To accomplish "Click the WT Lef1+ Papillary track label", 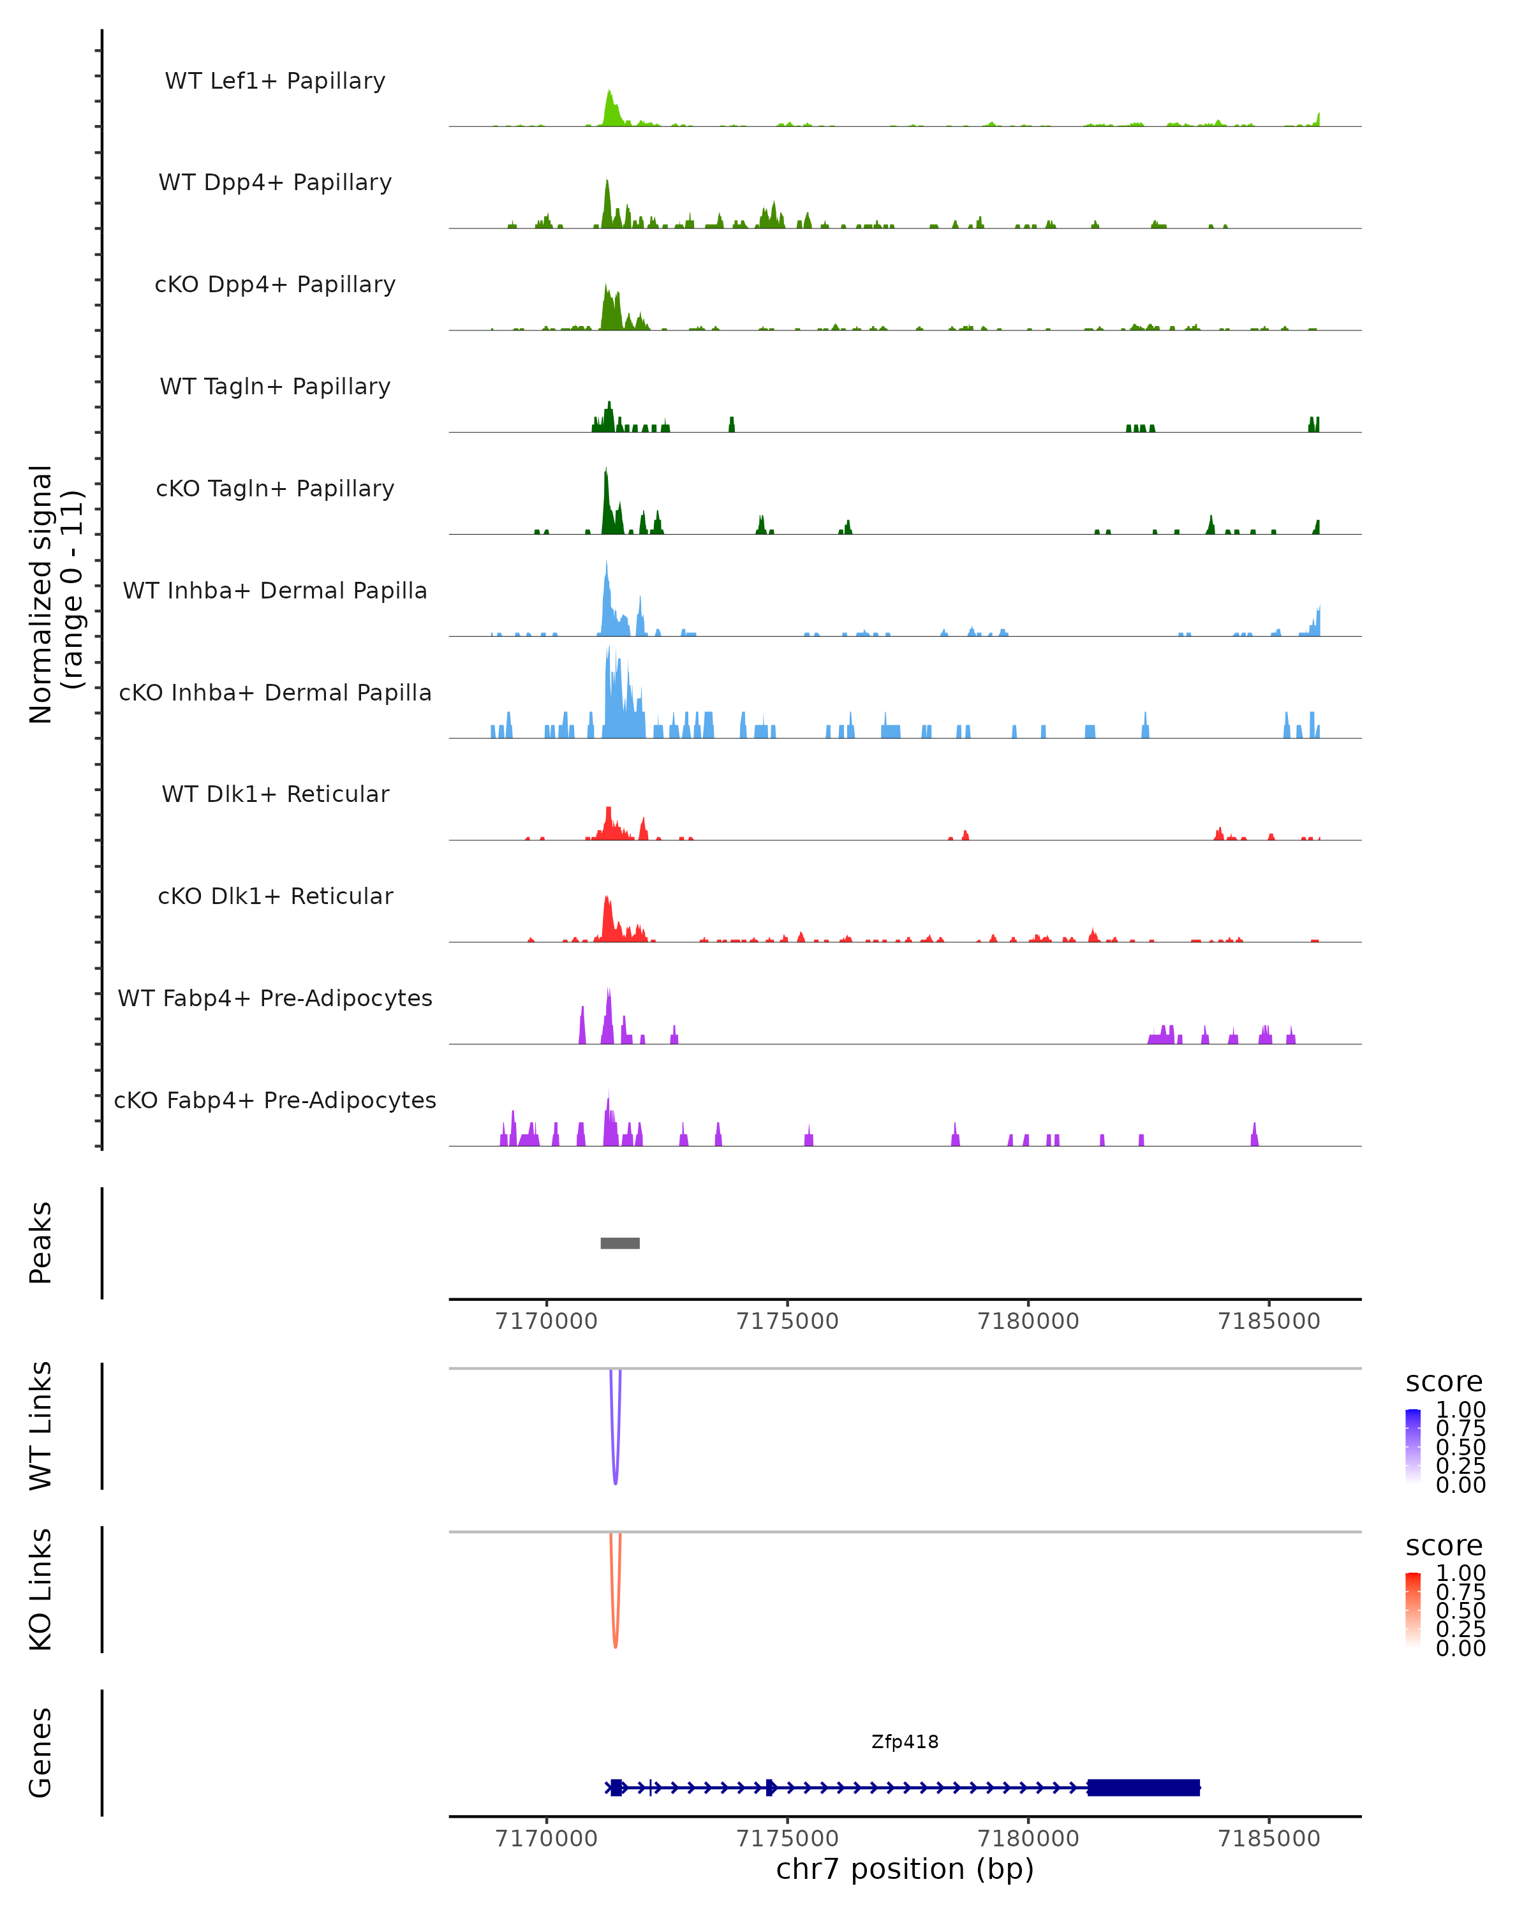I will click(275, 81).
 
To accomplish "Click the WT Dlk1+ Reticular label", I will click(275, 794).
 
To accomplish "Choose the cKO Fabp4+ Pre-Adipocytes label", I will click(275, 1100).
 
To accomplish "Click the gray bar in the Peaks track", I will click(619, 1243).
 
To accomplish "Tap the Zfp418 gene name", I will click(905, 1742).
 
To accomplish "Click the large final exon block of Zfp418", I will click(1143, 1787).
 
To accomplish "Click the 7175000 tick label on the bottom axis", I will click(787, 1837).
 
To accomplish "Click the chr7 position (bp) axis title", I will click(905, 1869).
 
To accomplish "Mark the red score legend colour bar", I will click(1413, 1610).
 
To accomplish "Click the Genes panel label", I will click(41, 1753).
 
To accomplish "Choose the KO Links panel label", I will click(41, 1589).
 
